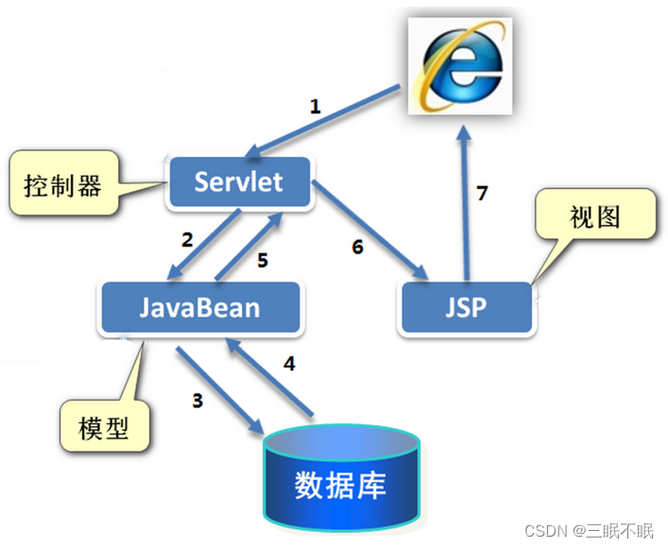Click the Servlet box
pyautogui.click(x=239, y=181)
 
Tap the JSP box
pyautogui.click(x=467, y=307)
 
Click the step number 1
pyautogui.click(x=316, y=107)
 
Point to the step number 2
pyautogui.click(x=187, y=239)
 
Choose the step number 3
pyautogui.click(x=197, y=400)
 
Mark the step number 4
pyautogui.click(x=289, y=361)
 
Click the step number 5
pyautogui.click(x=263, y=259)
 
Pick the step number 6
pyautogui.click(x=356, y=248)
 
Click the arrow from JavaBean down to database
pyautogui.click(x=220, y=390)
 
